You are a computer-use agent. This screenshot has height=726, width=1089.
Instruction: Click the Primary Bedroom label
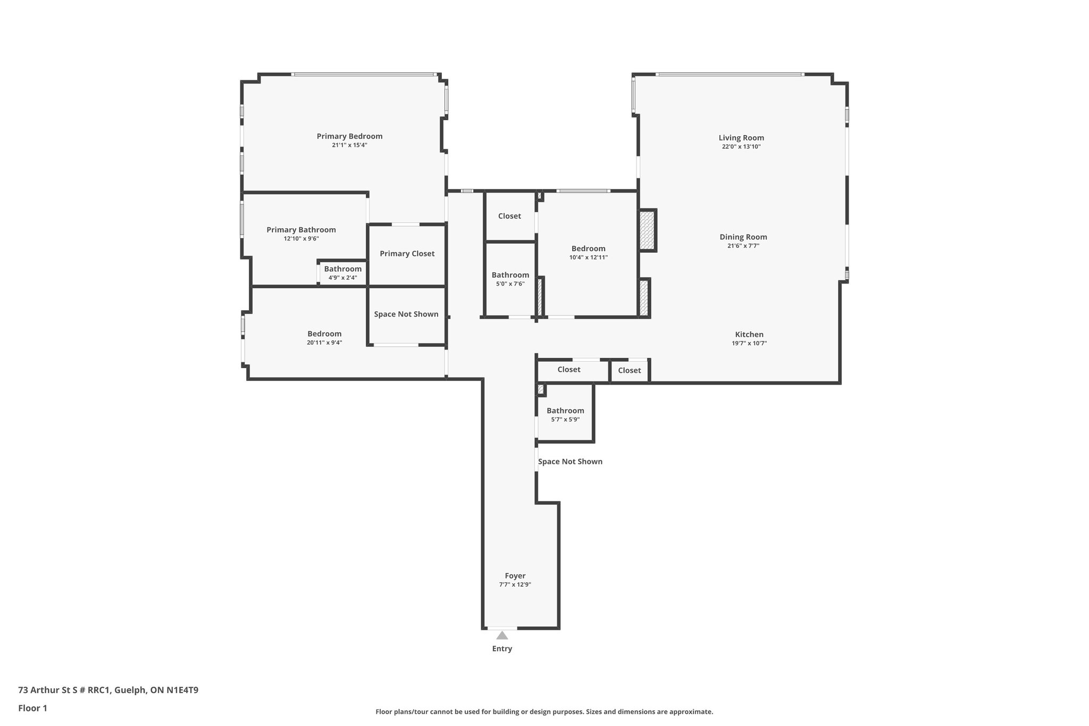(349, 136)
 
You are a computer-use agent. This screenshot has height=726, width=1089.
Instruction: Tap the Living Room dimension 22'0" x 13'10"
(741, 147)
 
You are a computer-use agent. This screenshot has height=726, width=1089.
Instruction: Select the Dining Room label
(743, 237)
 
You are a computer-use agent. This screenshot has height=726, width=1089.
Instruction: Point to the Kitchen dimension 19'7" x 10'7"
(749, 344)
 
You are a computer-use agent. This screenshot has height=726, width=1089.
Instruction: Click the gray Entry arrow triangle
(502, 635)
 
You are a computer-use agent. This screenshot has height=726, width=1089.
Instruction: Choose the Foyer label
(515, 575)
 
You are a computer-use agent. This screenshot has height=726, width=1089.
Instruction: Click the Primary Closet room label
(407, 254)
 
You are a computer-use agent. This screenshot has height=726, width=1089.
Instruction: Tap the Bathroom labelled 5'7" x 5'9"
(565, 411)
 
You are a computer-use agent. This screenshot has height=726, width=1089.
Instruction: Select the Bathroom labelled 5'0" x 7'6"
(510, 275)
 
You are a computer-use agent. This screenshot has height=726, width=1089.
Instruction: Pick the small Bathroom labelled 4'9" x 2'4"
(342, 269)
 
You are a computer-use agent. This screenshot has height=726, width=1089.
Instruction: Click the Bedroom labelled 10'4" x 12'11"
(588, 248)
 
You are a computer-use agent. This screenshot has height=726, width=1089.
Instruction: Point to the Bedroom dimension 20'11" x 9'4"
(324, 343)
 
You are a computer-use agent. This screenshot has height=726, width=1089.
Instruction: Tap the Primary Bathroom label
(301, 230)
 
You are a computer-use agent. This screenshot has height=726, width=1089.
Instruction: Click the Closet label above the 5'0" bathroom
(509, 216)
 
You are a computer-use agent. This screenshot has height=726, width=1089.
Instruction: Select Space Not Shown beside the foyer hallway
(570, 462)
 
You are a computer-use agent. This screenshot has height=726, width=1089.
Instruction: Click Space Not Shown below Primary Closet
(406, 314)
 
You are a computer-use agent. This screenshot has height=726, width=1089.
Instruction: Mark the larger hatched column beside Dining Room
(647, 230)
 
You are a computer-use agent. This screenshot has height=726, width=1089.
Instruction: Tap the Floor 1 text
(32, 708)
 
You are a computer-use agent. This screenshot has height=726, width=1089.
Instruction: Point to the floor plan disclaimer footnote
(544, 712)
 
